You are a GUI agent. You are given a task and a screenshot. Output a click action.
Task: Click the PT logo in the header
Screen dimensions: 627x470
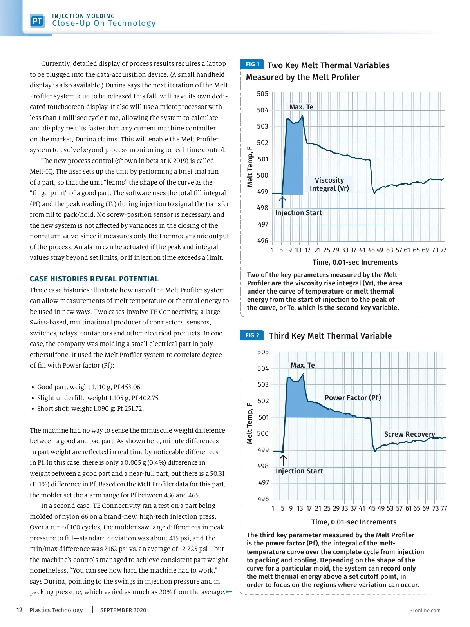point(38,21)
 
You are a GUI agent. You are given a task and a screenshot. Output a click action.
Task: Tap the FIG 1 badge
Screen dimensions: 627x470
point(252,64)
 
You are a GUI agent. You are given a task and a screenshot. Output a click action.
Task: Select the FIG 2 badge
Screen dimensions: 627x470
point(252,335)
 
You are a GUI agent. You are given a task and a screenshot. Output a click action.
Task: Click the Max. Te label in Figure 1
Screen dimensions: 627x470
point(301,107)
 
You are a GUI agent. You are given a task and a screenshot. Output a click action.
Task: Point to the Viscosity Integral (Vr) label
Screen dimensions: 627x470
point(329,184)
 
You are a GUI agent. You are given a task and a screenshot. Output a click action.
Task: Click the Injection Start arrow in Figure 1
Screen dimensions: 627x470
point(282,201)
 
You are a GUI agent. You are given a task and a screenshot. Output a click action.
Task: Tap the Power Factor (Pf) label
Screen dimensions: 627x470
point(352,397)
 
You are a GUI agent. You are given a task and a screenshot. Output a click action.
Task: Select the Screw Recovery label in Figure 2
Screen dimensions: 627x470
point(409,434)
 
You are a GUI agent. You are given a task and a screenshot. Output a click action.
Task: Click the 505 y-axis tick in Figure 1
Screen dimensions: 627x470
point(262,94)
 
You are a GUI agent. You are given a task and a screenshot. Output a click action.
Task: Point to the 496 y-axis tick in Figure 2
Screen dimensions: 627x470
point(263,499)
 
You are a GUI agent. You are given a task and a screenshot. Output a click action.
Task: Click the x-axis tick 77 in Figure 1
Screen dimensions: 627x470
point(443,250)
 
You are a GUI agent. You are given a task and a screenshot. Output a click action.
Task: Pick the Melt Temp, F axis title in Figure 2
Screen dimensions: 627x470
point(249,423)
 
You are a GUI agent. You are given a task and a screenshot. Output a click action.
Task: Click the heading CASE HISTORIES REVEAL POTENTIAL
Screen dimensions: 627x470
point(94,279)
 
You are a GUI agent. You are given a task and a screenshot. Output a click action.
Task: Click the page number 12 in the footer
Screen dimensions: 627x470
point(19,610)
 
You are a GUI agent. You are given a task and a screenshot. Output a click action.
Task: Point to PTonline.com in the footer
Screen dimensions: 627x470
point(425,610)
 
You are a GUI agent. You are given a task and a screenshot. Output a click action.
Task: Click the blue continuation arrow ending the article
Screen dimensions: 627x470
point(229,592)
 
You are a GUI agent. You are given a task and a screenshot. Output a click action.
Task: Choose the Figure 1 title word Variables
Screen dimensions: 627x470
point(371,65)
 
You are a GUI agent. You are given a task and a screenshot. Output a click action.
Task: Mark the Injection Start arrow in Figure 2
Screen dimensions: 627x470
point(283,460)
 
